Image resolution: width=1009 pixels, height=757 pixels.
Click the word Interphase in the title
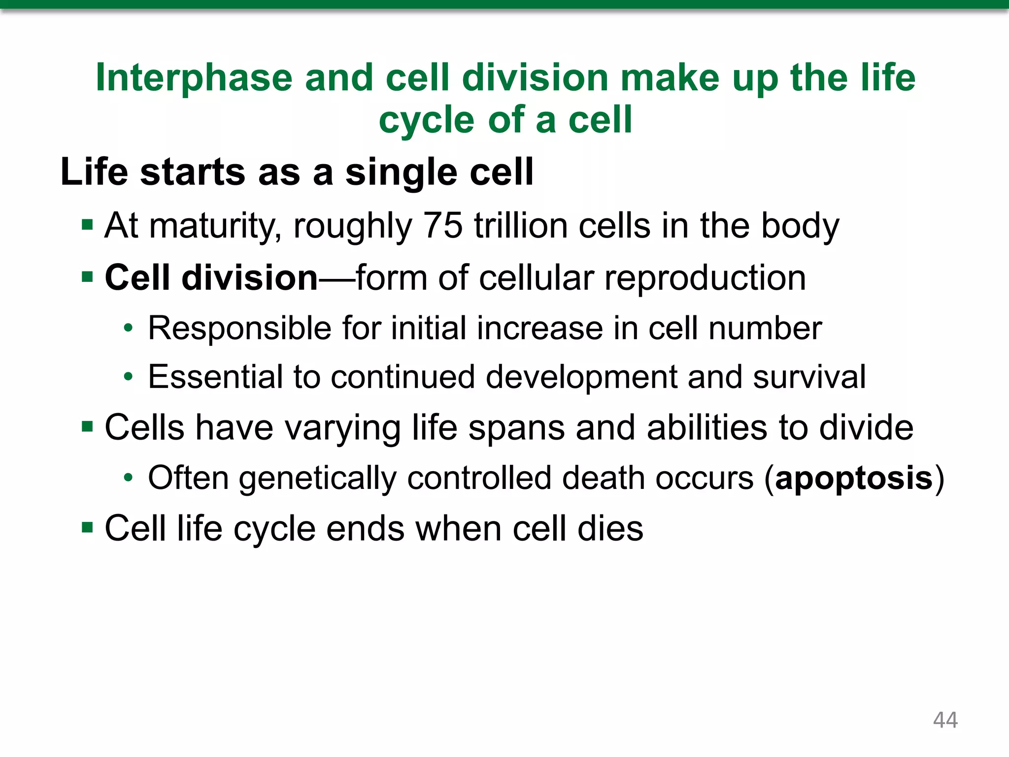tap(194, 78)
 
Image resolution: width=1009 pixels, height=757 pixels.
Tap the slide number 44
tap(945, 720)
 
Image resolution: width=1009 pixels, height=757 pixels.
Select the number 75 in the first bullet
tap(443, 226)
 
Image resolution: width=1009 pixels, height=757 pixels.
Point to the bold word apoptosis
tap(854, 478)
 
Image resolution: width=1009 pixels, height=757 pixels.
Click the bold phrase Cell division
tap(211, 277)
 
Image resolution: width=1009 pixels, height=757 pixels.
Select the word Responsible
tap(239, 328)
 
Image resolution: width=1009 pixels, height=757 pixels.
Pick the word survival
tap(809, 377)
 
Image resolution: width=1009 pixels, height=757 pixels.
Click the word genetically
tap(317, 479)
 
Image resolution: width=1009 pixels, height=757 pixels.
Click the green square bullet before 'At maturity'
tap(87, 226)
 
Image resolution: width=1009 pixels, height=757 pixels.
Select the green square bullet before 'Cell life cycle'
tap(87, 528)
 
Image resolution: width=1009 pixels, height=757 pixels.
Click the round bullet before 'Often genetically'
tap(128, 478)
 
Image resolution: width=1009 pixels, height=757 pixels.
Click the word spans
tap(516, 428)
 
